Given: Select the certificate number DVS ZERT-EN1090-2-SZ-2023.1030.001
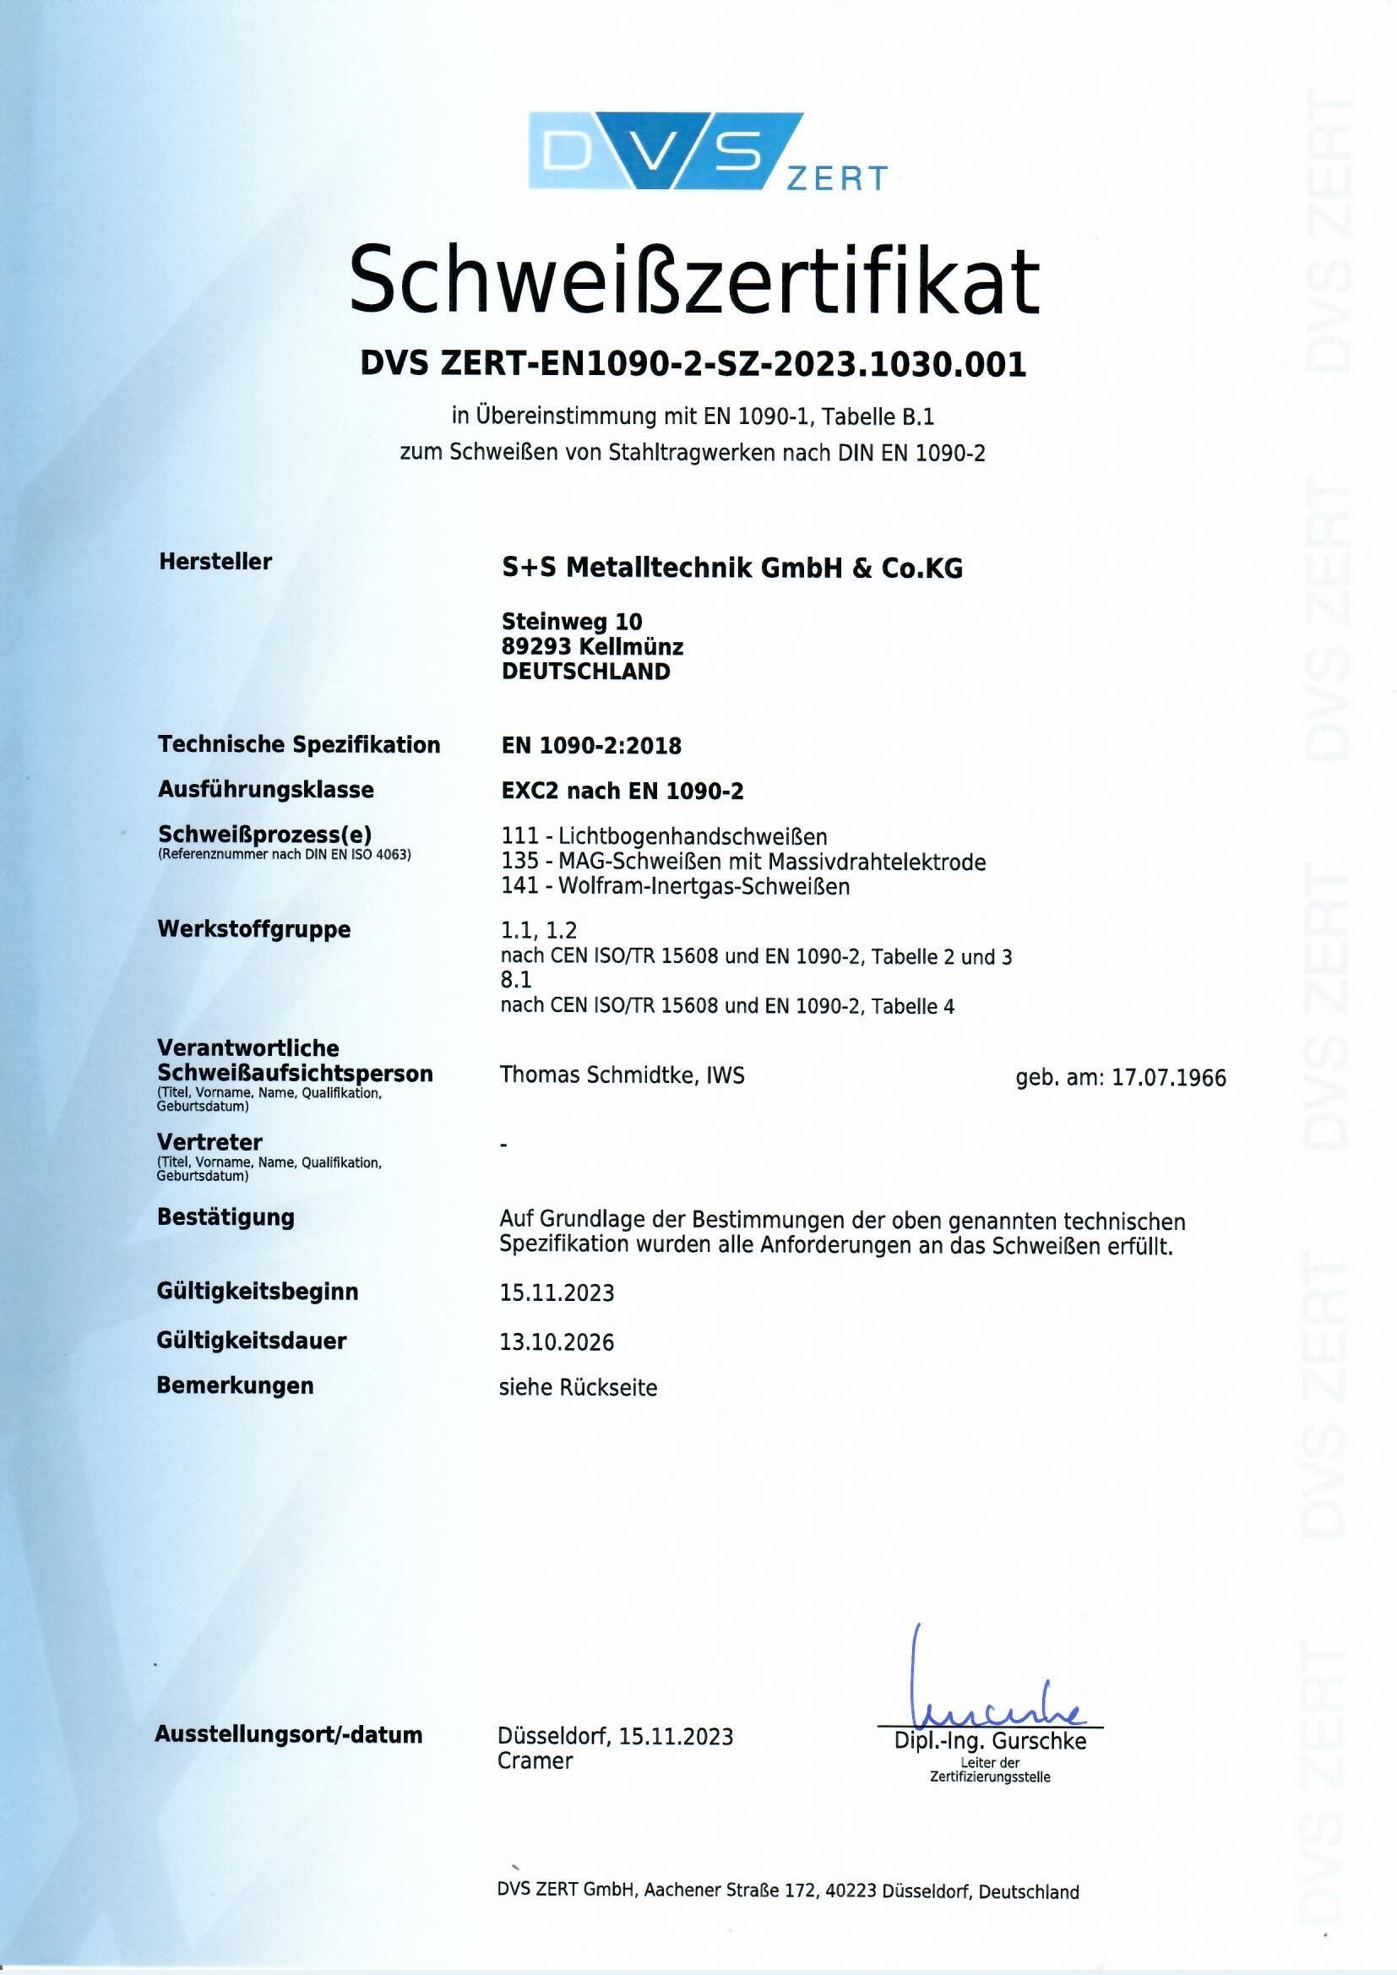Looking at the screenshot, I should point(693,365).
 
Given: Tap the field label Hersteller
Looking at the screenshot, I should point(215,562).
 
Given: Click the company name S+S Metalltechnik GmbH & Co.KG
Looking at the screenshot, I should point(732,569).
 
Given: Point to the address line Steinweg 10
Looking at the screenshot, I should point(571,621).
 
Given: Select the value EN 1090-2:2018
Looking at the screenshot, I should point(591,746).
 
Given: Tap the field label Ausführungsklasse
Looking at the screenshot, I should point(266,789).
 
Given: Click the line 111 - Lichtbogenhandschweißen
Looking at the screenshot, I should point(663,835).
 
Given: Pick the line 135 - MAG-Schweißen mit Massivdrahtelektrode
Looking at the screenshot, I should point(743,861).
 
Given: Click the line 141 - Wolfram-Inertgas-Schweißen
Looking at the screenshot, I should point(676,886).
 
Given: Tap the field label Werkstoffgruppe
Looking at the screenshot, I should point(254,929).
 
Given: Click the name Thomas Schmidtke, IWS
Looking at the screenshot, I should point(622,1075).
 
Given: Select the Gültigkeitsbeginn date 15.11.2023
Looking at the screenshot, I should point(557,1292).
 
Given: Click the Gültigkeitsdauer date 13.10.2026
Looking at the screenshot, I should point(557,1342).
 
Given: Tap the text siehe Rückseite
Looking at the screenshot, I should point(578,1388).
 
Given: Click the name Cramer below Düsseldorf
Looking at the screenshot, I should point(534,1760).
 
